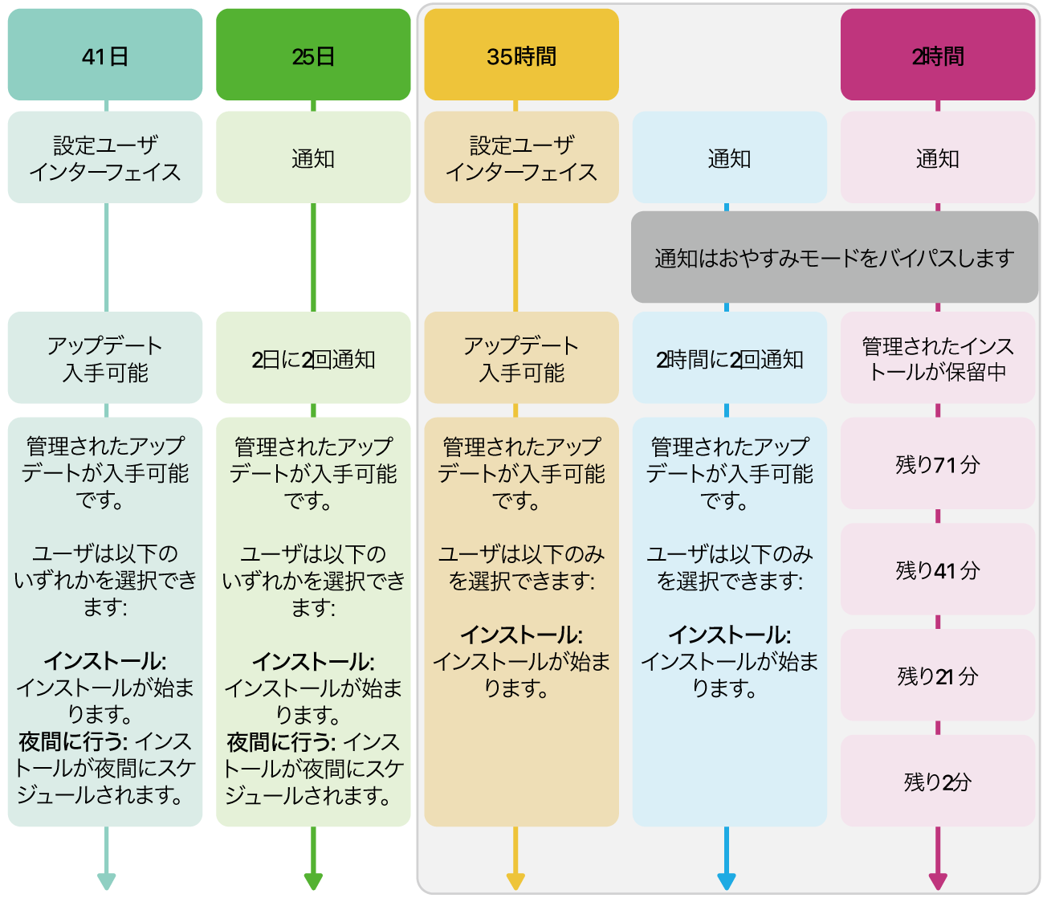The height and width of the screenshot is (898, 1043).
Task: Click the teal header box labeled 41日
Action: point(105,55)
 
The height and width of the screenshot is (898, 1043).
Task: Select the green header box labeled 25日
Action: point(313,55)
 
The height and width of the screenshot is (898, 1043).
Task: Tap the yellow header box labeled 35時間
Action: point(521,55)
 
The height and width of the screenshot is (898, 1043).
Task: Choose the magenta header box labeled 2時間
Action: point(937,55)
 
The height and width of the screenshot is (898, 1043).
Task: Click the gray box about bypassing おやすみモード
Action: point(834,258)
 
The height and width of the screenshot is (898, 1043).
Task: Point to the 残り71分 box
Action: point(937,463)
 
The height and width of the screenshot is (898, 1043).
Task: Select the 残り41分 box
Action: point(937,569)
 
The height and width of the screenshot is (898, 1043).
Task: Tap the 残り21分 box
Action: point(937,676)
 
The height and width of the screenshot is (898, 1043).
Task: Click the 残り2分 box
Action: point(937,781)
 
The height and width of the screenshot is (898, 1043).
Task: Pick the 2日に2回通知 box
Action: point(313,358)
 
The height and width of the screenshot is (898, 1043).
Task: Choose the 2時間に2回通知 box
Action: point(729,358)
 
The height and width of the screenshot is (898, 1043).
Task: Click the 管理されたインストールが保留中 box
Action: point(937,358)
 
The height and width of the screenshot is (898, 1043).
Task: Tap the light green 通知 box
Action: point(313,158)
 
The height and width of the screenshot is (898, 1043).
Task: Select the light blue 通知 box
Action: point(729,158)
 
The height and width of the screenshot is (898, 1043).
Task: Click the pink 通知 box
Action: point(937,158)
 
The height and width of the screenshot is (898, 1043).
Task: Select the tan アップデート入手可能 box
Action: point(521,358)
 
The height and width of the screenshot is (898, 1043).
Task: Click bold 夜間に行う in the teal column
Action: point(72,741)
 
